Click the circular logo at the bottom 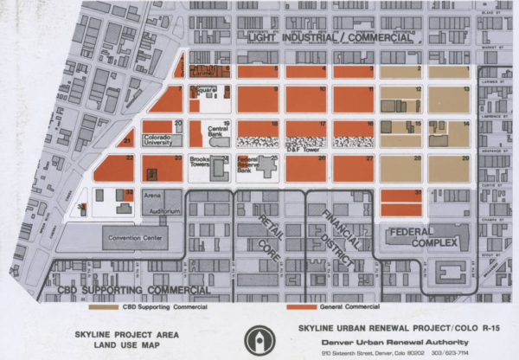pos(259,338)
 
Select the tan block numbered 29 pos(449,169)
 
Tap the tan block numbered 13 pos(449,98)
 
